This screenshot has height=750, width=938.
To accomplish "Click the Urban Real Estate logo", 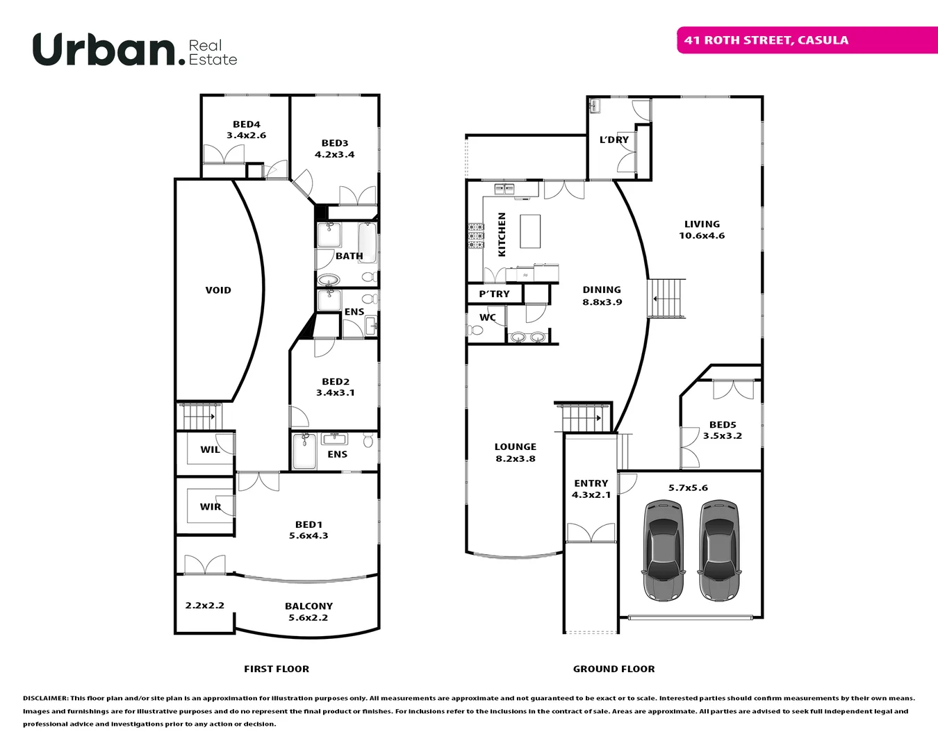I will [x=135, y=50].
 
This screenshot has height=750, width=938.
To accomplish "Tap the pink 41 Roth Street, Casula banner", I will [x=806, y=40].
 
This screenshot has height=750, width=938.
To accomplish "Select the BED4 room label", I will [x=247, y=124].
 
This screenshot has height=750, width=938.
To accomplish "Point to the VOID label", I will [x=218, y=290].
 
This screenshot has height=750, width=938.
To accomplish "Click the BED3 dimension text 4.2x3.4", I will [x=335, y=155].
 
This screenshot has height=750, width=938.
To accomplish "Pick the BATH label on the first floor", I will [x=349, y=256].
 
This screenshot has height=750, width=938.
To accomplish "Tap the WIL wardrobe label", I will [x=210, y=450].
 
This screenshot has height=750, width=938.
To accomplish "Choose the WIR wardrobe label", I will [x=211, y=507].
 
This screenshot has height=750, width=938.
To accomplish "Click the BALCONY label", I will [x=308, y=606].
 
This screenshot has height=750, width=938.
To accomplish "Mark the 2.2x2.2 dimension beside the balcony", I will [x=205, y=606].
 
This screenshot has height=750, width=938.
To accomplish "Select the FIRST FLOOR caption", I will [x=277, y=669].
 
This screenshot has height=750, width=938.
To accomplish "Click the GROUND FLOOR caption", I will [x=614, y=669].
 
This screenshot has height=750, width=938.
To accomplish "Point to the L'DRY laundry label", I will [x=614, y=140].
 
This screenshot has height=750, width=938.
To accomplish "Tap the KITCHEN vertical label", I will [x=502, y=235].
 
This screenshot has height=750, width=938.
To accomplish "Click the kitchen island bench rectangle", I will [x=530, y=231].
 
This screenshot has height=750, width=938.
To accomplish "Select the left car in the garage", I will [x=664, y=550].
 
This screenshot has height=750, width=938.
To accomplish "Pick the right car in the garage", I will [x=719, y=550].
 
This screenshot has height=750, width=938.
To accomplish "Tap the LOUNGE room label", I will [x=516, y=447].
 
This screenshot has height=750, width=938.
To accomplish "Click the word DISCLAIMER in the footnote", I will [x=45, y=698].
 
